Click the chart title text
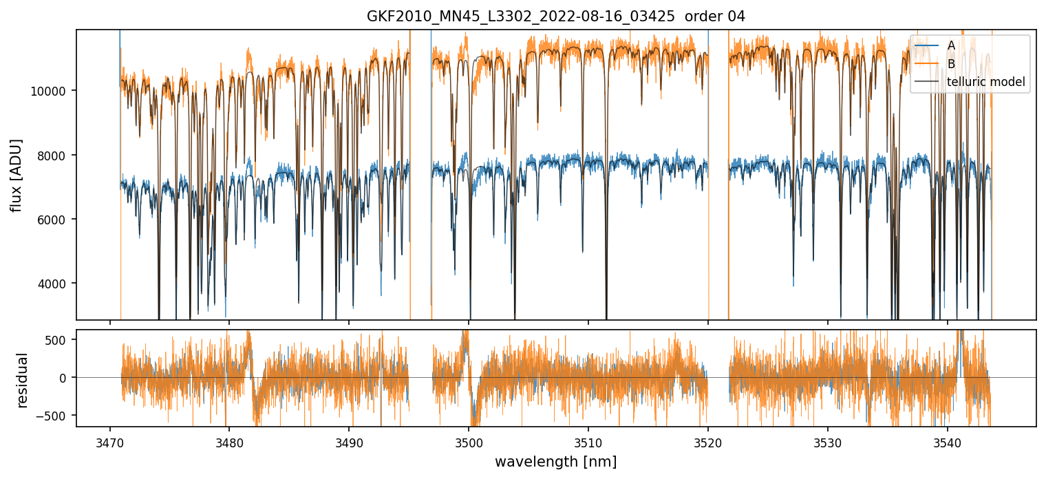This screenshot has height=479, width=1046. tap(555, 17)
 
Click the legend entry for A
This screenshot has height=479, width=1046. tap(951, 45)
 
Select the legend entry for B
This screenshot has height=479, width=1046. tap(951, 64)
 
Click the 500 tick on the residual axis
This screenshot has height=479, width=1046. tap(56, 340)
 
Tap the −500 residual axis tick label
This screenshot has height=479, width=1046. tap(54, 415)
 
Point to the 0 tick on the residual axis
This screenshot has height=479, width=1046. tap(63, 378)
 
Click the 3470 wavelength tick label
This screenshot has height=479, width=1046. tap(109, 440)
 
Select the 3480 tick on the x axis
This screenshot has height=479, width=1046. tap(229, 440)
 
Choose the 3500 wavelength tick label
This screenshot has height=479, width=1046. tap(469, 440)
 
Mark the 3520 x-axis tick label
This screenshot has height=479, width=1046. tap(708, 440)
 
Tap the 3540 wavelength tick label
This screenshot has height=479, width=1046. tap(948, 440)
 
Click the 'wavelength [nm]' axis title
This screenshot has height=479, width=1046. tap(555, 461)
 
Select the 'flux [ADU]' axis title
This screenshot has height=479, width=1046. tap(17, 175)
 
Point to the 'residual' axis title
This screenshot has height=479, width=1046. tap(22, 380)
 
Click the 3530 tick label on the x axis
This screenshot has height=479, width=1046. tap(828, 440)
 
